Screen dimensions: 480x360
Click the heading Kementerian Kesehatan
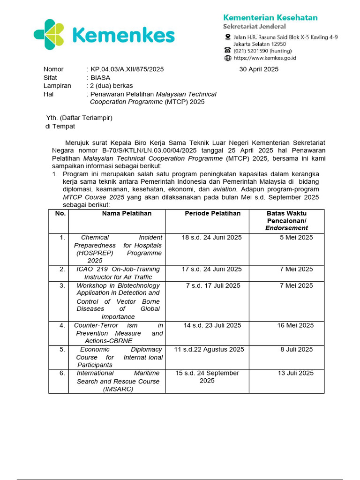[270, 18]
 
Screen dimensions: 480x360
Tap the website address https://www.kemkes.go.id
[264, 58]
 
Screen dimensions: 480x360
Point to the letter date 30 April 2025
[259, 69]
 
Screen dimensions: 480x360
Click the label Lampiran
[57, 86]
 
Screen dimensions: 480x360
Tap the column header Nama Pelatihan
[127, 214]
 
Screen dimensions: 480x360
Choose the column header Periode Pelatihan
[212, 214]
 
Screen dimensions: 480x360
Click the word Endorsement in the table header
[286, 228]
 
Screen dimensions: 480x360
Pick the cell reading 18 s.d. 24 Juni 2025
[212, 238]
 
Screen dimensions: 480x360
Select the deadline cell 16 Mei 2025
[294, 325]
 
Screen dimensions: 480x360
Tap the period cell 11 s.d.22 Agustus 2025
[209, 350]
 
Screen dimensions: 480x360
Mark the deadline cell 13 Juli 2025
[295, 373]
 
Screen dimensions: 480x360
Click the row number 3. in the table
[62, 285]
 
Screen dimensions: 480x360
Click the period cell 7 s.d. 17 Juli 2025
[213, 285]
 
